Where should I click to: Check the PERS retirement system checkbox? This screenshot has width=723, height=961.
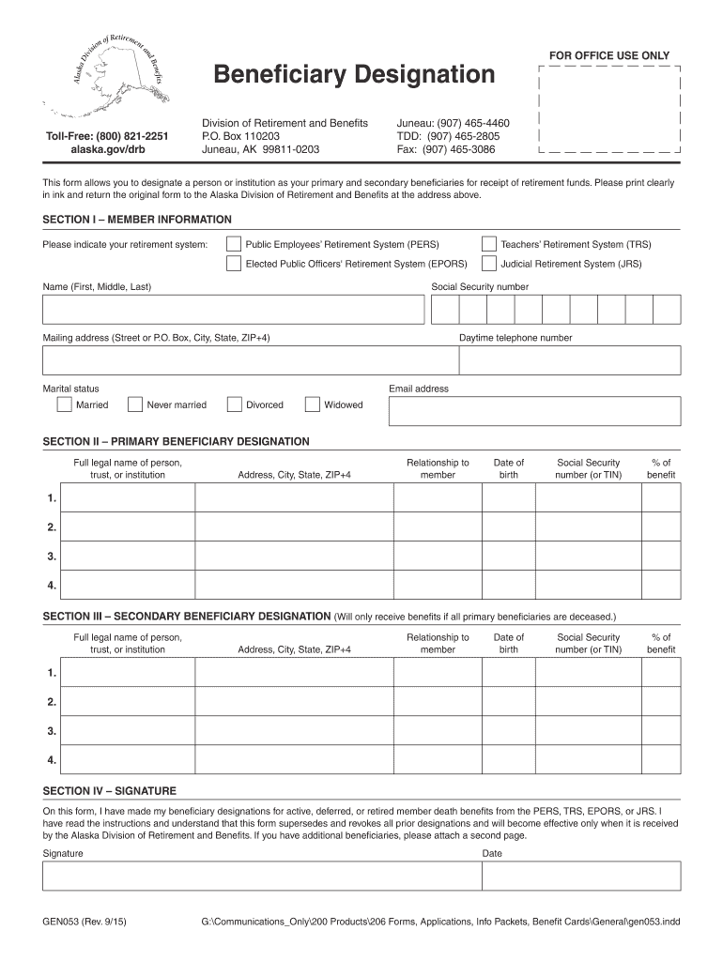pos(233,244)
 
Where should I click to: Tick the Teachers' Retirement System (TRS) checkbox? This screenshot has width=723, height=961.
pos(488,244)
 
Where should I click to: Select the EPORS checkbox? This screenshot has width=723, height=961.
pos(233,264)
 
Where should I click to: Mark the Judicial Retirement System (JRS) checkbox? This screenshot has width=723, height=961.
pos(488,264)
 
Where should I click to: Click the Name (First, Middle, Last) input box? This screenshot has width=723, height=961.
pos(233,310)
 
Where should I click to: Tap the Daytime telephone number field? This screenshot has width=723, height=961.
pos(569,360)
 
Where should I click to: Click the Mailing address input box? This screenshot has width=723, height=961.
pos(249,360)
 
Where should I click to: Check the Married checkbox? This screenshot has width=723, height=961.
pos(64,404)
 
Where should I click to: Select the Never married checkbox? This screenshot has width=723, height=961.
pos(134,404)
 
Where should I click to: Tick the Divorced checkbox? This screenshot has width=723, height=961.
pos(234,404)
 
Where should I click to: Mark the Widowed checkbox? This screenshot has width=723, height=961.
pos(313,404)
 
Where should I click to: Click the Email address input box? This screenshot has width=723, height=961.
pos(534,411)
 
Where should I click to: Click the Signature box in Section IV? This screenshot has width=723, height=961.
pos(261,876)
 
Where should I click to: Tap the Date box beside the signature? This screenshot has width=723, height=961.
pos(580,876)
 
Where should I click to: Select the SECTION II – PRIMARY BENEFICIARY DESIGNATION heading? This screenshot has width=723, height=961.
pos(177,441)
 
